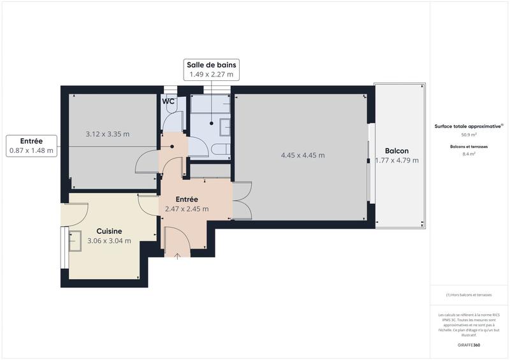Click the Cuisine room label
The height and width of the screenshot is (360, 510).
pyautogui.click(x=109, y=231)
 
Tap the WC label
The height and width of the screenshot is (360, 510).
pyautogui.click(x=168, y=101)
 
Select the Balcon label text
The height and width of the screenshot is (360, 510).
pyautogui.click(x=397, y=151)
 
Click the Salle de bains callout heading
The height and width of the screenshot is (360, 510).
pyautogui.click(x=211, y=64)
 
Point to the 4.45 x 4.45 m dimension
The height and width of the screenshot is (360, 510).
pyautogui.click(x=303, y=155)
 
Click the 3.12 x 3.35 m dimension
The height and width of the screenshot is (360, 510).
pyautogui.click(x=108, y=134)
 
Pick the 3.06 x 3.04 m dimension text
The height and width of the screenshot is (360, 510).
pyautogui.click(x=109, y=241)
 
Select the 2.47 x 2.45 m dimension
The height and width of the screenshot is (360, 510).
pyautogui.click(x=187, y=208)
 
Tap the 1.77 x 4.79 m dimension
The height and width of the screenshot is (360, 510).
pyautogui.click(x=397, y=161)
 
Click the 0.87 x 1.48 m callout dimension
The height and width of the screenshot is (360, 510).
pyautogui.click(x=31, y=151)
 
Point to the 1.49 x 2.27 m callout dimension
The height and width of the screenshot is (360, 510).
pyautogui.click(x=211, y=75)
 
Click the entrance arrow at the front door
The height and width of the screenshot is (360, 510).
pyautogui.click(x=177, y=256)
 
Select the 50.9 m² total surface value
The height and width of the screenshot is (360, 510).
pyautogui.click(x=469, y=135)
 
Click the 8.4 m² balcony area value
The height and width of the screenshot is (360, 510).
pyautogui.click(x=469, y=154)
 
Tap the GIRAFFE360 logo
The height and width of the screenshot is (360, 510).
pyautogui.click(x=469, y=345)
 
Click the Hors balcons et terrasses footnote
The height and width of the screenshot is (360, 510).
pyautogui.click(x=469, y=295)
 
